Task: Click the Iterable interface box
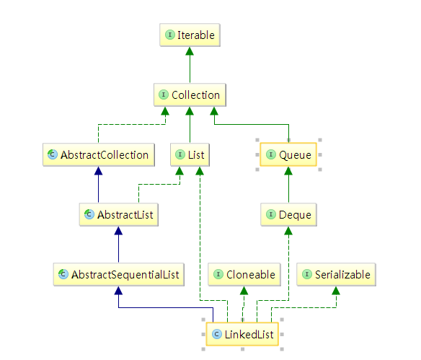point(190,35)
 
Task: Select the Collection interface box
point(190,95)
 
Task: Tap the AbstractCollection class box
point(99,154)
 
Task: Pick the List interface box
point(190,154)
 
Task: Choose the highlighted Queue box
point(288,154)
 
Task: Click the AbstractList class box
point(119,215)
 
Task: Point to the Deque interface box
point(288,215)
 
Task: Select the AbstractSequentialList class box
point(119,275)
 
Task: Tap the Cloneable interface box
point(244,275)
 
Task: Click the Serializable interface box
point(336,275)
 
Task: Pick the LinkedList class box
point(242,334)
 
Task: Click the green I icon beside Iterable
point(170,35)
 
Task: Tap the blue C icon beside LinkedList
point(217,334)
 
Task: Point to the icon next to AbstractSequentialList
point(63,274)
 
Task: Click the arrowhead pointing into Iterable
point(190,51)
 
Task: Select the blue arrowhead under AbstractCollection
point(98,171)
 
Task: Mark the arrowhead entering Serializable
point(336,291)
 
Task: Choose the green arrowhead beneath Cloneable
point(244,291)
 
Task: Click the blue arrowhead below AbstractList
point(118,231)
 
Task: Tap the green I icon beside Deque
point(271,214)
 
